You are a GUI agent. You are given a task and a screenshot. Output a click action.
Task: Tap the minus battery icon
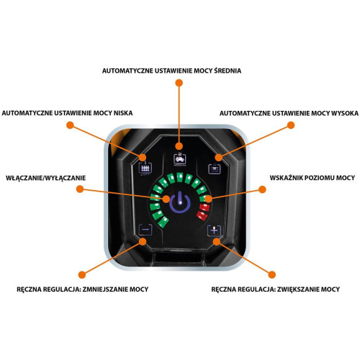coord(145,230)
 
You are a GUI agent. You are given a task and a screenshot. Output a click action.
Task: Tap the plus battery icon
coord(214,231)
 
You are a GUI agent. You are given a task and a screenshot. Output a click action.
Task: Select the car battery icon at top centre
coord(180,159)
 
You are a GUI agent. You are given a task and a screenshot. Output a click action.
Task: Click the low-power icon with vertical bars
coord(145,168)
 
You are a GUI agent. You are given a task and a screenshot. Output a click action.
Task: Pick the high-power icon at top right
coord(214,168)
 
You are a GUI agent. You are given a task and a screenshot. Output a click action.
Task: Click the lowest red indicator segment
coord(202,215)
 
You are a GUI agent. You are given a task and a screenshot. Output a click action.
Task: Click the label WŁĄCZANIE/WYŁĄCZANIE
coord(46,178)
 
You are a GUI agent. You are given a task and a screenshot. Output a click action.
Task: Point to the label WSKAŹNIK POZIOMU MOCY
coord(312,178)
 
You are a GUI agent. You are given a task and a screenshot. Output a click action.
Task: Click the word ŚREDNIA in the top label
coord(228,71)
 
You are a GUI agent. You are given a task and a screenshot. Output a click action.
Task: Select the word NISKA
coord(123,113)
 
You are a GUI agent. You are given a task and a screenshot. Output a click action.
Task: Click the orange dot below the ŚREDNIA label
coord(179,83)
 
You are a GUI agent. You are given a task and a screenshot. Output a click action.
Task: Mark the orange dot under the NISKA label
coord(70,125)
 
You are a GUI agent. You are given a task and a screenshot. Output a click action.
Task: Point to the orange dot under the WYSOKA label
coord(291,125)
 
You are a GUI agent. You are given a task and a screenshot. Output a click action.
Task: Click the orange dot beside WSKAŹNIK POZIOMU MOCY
coord(263,189)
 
